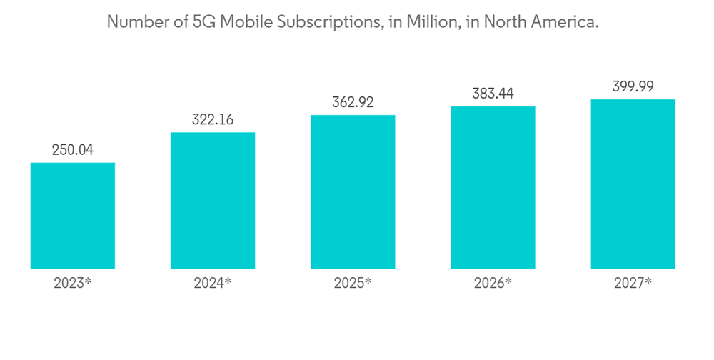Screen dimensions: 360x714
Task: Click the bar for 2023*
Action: click(x=72, y=216)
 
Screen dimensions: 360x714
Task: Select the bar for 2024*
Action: click(x=213, y=201)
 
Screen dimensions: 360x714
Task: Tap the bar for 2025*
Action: click(x=353, y=191)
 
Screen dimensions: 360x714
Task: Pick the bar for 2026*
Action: click(x=493, y=187)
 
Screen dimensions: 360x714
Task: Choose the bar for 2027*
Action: click(x=633, y=184)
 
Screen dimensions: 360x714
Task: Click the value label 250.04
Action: click(x=72, y=150)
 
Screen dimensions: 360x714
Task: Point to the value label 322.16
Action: click(x=213, y=119)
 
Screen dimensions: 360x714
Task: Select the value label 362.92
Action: click(x=353, y=102)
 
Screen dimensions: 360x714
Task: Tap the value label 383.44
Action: click(x=493, y=94)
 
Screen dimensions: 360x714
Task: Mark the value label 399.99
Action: click(x=633, y=86)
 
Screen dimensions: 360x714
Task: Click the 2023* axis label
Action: click(x=72, y=283)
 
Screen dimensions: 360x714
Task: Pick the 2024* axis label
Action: click(x=213, y=283)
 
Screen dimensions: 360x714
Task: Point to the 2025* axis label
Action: click(x=353, y=283)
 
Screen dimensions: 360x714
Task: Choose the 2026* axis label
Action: click(x=493, y=283)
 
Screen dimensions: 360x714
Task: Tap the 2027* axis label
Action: click(x=633, y=283)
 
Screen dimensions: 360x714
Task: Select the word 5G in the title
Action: click(x=203, y=22)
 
